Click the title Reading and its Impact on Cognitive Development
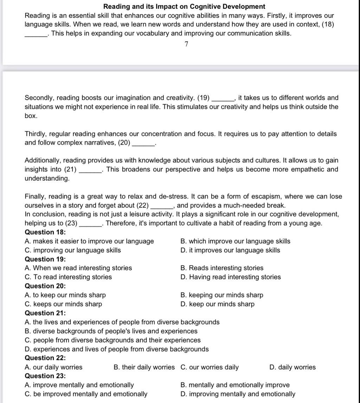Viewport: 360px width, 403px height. pos(184,6)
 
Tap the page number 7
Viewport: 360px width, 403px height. pos(186,44)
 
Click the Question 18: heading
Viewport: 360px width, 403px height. pos(45,232)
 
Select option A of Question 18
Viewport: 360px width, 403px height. pos(89,241)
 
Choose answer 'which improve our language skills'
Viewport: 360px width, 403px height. pos(235,241)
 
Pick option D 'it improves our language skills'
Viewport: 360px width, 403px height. pos(230,250)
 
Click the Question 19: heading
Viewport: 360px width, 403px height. pos(45,259)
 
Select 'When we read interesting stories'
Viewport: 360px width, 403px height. pos(78,268)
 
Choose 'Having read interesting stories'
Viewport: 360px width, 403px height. pos(231,277)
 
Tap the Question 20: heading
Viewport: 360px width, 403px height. pos(45,286)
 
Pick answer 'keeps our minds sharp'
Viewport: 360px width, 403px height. pos(64,304)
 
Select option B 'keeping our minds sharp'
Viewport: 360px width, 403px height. pos(221,295)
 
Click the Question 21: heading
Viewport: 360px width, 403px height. pos(45,313)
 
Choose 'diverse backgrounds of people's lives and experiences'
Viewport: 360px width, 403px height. pos(111,331)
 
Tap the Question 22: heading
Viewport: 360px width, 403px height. pos(45,358)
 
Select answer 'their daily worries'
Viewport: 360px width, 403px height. pos(144,367)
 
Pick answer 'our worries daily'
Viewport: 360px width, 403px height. pos(210,367)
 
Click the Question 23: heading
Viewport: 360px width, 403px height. pos(45,376)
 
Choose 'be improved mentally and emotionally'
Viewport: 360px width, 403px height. pos(86,394)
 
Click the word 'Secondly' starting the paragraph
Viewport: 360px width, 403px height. pos(38,98)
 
